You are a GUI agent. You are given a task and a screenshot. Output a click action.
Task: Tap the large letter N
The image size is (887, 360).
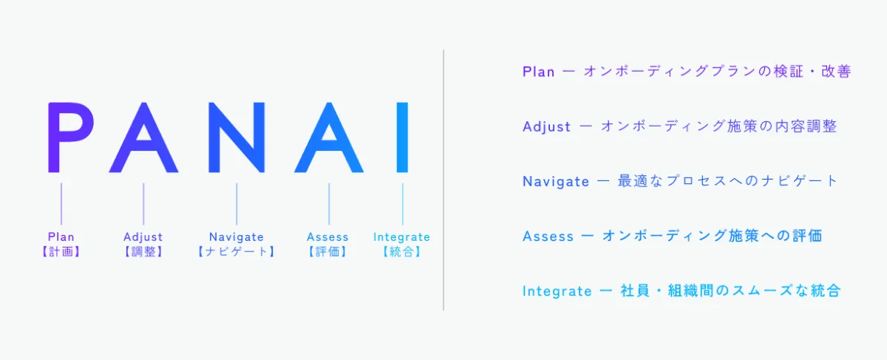tap(237, 137)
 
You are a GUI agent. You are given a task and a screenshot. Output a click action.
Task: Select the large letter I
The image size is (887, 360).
tap(402, 137)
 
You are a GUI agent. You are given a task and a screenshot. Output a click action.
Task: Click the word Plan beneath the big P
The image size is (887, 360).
tap(61, 237)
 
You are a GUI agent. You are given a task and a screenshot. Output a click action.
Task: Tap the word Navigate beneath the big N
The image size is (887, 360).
tap(237, 237)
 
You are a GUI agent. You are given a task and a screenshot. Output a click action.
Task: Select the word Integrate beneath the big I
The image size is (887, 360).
tap(401, 237)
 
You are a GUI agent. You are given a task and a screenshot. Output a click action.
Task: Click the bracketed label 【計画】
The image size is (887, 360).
tap(61, 251)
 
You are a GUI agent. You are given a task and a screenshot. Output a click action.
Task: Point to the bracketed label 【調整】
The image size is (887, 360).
tap(143, 251)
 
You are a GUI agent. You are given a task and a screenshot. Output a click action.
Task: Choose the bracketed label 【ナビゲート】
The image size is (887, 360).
tap(237, 251)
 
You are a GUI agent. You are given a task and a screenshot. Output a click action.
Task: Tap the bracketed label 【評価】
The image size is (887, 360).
tap(328, 251)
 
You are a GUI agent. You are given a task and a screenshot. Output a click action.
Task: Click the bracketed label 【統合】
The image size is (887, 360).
tap(401, 251)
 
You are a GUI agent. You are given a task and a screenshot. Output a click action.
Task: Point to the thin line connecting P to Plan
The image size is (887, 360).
tap(61, 203)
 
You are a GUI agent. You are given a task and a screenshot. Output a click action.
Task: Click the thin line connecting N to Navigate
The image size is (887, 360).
tap(237, 203)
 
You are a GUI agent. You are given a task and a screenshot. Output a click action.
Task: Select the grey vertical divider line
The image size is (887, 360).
tap(443, 180)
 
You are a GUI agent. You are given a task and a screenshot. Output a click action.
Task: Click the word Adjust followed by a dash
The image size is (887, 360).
tap(546, 126)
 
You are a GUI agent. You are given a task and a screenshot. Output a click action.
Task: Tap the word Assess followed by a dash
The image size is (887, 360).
tap(548, 237)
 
